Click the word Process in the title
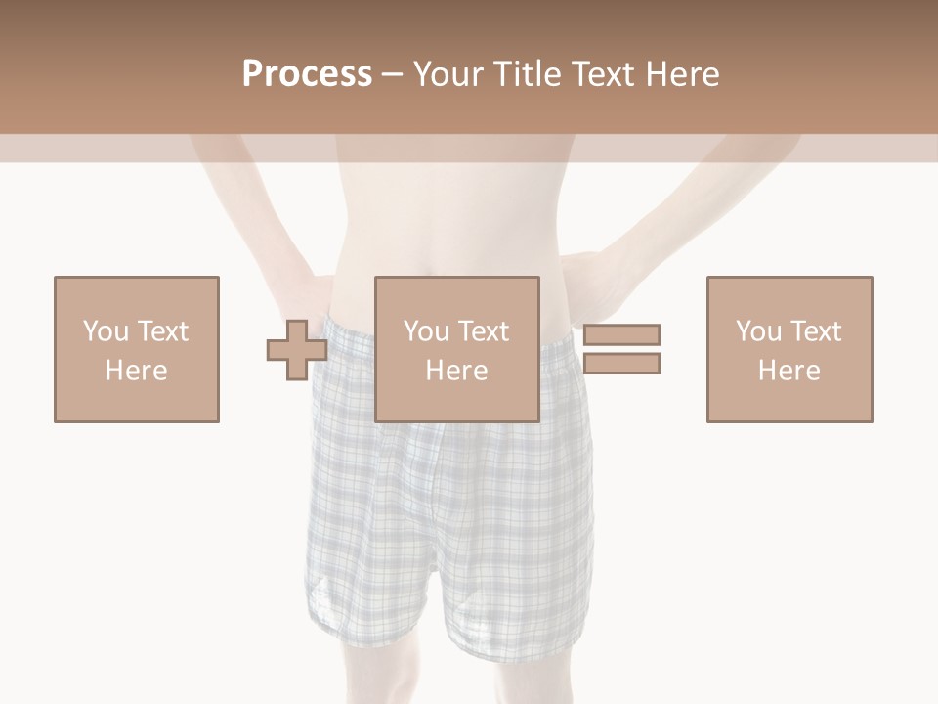[307, 73]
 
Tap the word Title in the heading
[530, 73]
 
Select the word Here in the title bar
[682, 73]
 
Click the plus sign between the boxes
[297, 349]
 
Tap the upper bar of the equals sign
[621, 334]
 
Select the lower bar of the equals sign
[621, 364]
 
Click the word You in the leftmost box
[106, 330]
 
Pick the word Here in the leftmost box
[136, 371]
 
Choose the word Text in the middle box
[483, 330]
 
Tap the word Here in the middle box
[456, 371]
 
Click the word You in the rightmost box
[758, 330]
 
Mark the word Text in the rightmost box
[815, 330]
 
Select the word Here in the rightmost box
[789, 371]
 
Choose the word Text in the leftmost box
[162, 330]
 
